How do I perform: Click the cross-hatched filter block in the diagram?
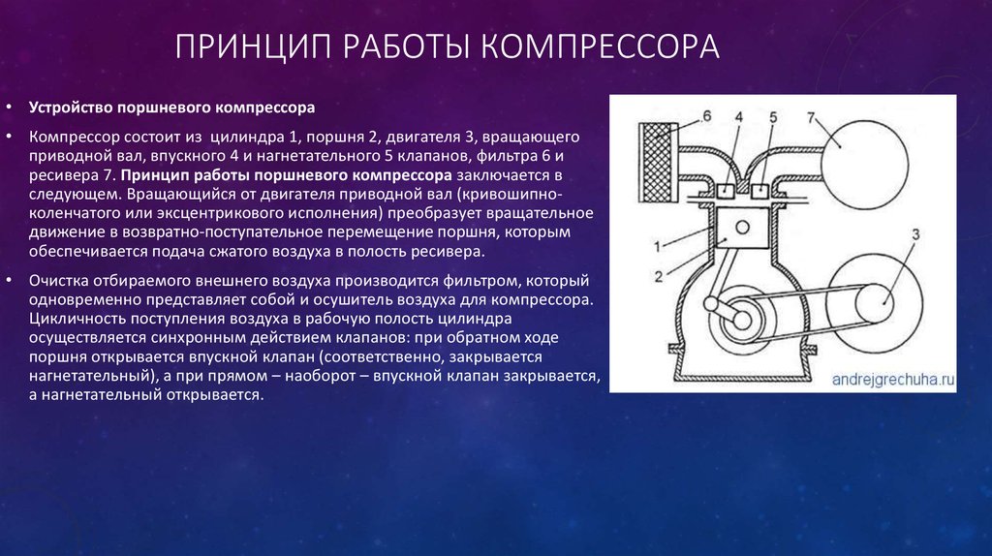[659, 161]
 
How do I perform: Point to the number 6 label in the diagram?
[706, 116]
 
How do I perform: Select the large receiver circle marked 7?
[864, 165]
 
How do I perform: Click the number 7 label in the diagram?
[811, 117]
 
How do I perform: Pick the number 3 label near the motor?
[914, 234]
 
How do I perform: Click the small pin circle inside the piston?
[743, 227]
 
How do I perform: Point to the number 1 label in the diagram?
[658, 247]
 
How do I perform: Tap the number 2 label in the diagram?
[659, 276]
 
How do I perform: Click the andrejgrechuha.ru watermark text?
[892, 380]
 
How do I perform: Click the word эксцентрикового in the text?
[231, 213]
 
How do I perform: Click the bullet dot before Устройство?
[9, 108]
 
